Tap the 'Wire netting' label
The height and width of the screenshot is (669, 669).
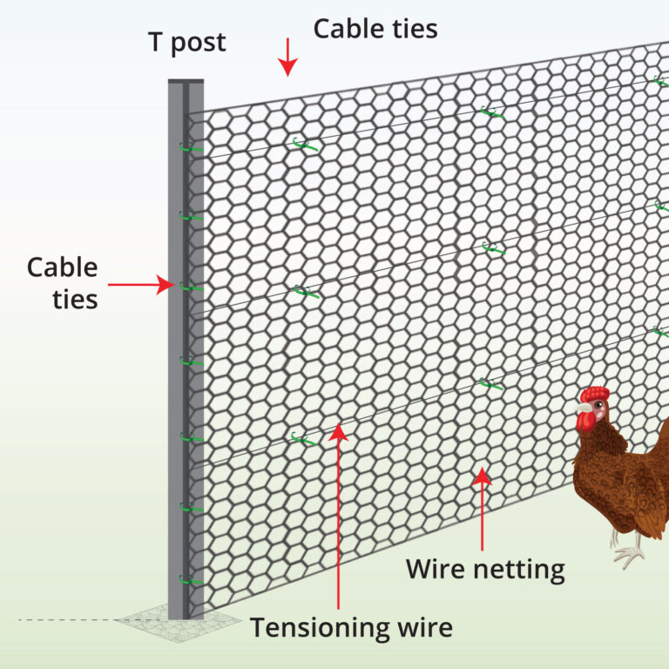pos(485,571)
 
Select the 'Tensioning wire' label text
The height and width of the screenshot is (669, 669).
pos(351,627)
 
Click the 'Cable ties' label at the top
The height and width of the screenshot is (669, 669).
pos(375,29)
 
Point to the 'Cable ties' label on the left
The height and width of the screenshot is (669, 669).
pos(63,283)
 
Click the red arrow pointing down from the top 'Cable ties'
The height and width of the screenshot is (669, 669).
pos(288,62)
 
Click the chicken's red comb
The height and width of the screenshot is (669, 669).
pos(596,395)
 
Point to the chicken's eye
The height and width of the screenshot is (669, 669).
pos(591,408)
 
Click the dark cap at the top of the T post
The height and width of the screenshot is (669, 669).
pos(186,81)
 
